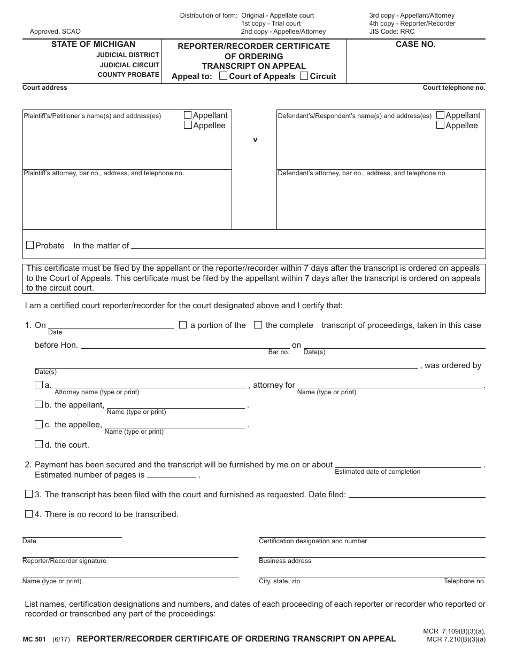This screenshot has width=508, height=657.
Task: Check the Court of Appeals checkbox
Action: (224, 76)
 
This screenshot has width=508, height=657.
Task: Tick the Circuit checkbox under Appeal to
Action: (304, 76)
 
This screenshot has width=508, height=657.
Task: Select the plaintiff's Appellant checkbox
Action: (188, 115)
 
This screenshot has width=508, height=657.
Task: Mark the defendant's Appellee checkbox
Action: (440, 125)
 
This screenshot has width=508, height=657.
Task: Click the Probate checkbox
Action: (30, 245)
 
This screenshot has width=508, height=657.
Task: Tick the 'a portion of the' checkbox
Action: (183, 325)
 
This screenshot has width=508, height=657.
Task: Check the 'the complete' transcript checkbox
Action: (258, 325)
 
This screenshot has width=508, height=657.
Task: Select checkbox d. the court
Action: (39, 444)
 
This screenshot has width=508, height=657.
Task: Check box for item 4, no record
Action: (29, 514)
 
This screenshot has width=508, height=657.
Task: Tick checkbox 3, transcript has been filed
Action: (29, 494)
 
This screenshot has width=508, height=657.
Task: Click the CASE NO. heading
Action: (415, 45)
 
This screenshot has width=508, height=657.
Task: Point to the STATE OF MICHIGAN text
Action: (93, 44)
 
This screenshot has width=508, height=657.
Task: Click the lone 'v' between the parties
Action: (255, 139)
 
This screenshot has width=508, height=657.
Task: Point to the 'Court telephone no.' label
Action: (453, 88)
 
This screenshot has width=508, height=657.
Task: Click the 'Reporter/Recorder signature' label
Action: (64, 561)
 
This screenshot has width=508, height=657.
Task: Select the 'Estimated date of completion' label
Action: (378, 472)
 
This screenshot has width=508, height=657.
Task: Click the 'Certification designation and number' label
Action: (313, 541)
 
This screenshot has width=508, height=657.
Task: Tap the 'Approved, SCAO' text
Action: (55, 32)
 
